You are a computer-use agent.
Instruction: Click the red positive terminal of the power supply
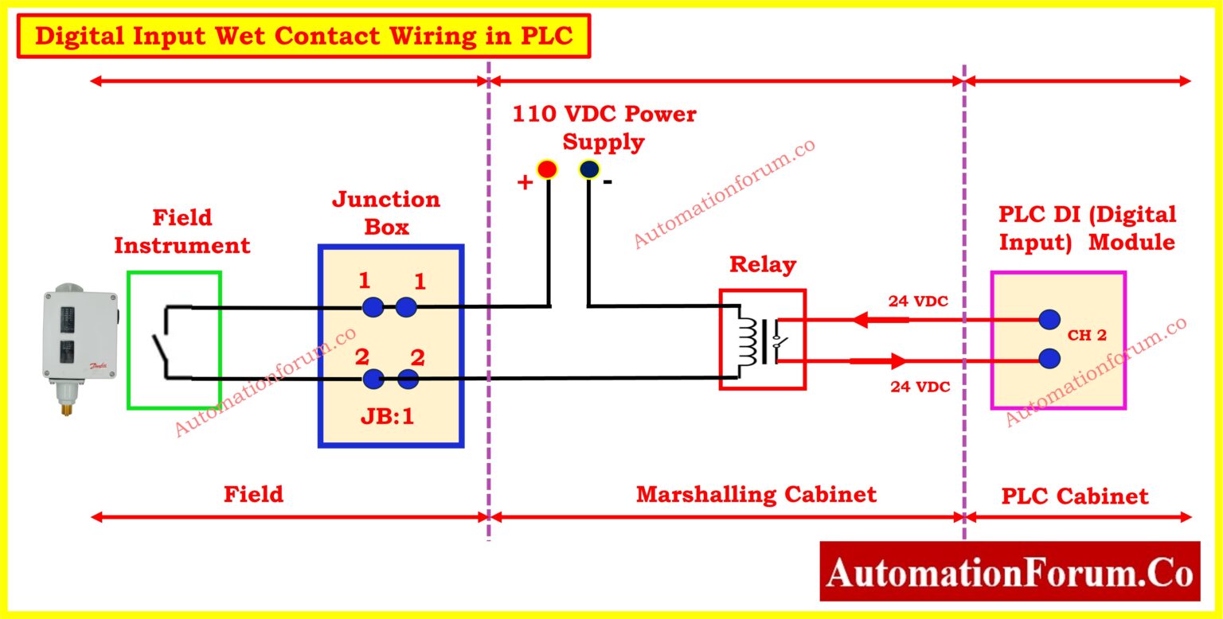[547, 169]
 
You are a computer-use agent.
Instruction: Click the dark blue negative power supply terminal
[589, 169]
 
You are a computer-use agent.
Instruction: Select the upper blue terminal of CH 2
[1049, 320]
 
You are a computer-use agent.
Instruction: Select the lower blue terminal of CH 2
[1049, 359]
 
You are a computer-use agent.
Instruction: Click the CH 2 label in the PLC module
[1087, 336]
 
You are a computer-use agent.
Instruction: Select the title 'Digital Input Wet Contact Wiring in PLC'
[304, 37]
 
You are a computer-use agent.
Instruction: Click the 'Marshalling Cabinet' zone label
[756, 494]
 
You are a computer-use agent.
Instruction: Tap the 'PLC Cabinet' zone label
[1074, 496]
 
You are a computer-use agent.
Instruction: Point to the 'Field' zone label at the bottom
[253, 494]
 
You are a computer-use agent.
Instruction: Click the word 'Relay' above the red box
[763, 265]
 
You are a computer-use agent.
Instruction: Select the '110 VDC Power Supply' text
[604, 128]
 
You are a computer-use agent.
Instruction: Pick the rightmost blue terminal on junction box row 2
[408, 380]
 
